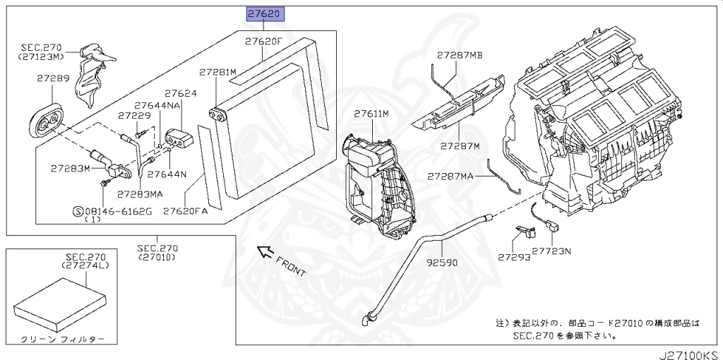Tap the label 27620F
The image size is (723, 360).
pyautogui.click(x=264, y=42)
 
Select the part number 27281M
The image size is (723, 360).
pyautogui.click(x=217, y=72)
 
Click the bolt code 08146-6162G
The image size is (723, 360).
pyautogui.click(x=117, y=210)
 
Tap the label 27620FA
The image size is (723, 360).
pyautogui.click(x=186, y=210)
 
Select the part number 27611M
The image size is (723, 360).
pyautogui.click(x=372, y=113)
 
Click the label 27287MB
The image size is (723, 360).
pyautogui.click(x=459, y=54)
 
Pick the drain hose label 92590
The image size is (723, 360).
pyautogui.click(x=443, y=262)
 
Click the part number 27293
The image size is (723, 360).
pyautogui.click(x=513, y=258)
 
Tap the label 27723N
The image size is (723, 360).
pyautogui.click(x=552, y=251)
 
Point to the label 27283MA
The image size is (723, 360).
pyautogui.click(x=141, y=193)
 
